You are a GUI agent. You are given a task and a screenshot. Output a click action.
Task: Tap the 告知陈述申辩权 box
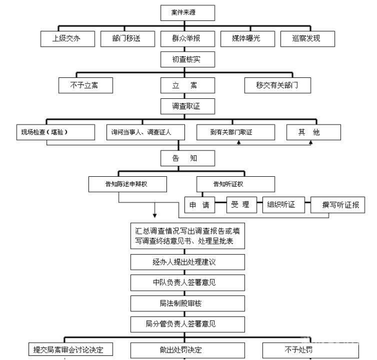tap(128, 184)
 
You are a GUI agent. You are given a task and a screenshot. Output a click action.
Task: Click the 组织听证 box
tap(282, 205)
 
